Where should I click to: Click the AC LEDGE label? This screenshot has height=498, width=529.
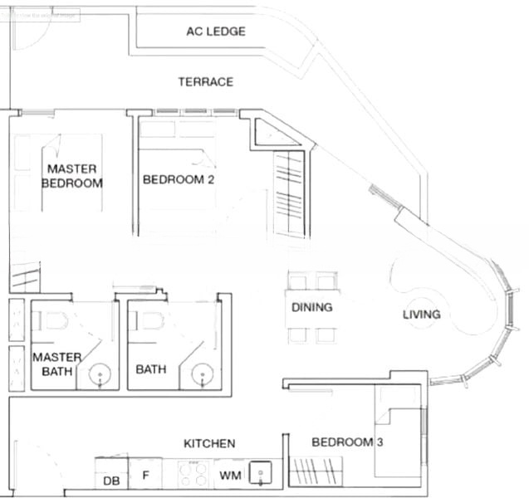[216, 32]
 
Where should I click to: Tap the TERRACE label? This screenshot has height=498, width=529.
[205, 81]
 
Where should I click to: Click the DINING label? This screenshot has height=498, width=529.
[311, 307]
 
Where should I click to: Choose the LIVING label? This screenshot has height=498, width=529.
[421, 315]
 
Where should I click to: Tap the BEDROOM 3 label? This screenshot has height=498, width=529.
[346, 442]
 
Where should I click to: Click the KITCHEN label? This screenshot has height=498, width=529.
[209, 444]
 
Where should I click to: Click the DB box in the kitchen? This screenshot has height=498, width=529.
[110, 481]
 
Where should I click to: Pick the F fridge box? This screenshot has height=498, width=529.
[145, 476]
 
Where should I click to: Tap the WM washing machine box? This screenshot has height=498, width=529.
[229, 476]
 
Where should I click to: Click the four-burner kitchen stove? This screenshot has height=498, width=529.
[193, 475]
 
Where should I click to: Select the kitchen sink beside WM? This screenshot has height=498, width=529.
[262, 474]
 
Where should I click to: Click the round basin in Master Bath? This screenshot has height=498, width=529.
[100, 374]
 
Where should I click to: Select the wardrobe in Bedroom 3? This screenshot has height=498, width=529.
[320, 475]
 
